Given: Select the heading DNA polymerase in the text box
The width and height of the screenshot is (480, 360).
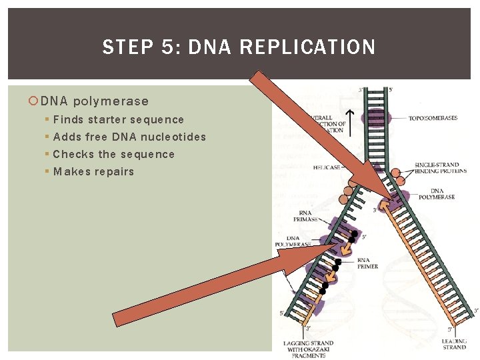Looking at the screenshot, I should [94, 101].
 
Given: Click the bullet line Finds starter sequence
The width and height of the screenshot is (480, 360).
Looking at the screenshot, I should [118, 120].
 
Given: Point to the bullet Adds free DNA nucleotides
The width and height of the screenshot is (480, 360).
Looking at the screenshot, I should [129, 137].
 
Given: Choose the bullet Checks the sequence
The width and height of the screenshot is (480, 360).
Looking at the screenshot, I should [113, 155].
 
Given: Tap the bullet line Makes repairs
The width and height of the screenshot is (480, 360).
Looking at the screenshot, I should [93, 172].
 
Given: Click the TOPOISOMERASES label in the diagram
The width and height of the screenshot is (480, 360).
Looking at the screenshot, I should [433, 118].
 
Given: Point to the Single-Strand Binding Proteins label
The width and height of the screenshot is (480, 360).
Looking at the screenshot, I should [437, 169].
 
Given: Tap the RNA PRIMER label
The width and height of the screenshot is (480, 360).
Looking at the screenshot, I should [367, 263].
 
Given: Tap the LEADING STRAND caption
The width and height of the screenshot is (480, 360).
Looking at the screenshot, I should [455, 344].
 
